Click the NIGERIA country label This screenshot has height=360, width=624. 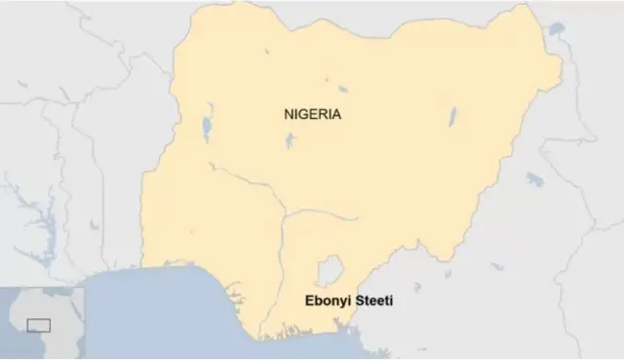[312, 114]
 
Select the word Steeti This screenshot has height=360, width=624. [371, 302]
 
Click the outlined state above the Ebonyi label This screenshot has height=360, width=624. [332, 269]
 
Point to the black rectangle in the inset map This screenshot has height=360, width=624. [39, 324]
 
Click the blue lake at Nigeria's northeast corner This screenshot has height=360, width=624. [558, 30]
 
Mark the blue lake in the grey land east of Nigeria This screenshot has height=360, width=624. [535, 180]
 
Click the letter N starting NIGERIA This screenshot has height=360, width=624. [288, 114]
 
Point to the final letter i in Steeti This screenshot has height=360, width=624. [391, 302]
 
